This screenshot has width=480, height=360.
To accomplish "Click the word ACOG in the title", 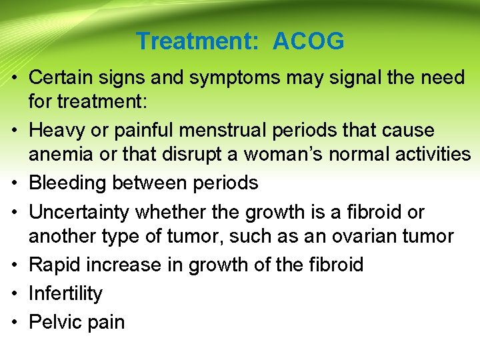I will point(309,42).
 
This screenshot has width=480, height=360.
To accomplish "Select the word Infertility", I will point(65,294).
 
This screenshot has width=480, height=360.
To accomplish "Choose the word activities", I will point(432,155).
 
